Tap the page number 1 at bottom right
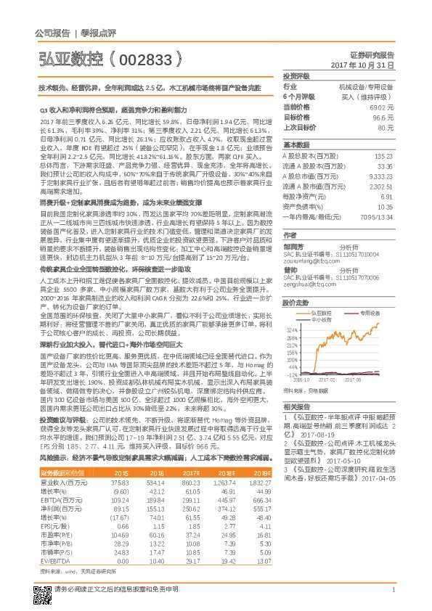click(x=393, y=589)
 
